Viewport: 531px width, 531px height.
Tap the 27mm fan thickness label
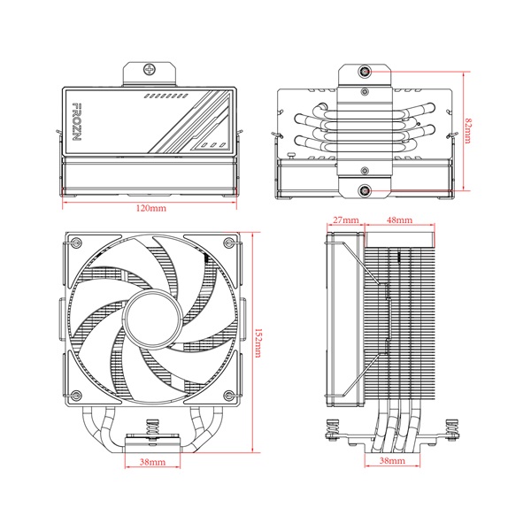[x=345, y=219]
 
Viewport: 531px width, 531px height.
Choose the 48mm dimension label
[x=399, y=219]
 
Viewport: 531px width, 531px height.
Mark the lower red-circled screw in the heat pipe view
[x=366, y=189]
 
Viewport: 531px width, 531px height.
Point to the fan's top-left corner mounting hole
[x=75, y=245]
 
